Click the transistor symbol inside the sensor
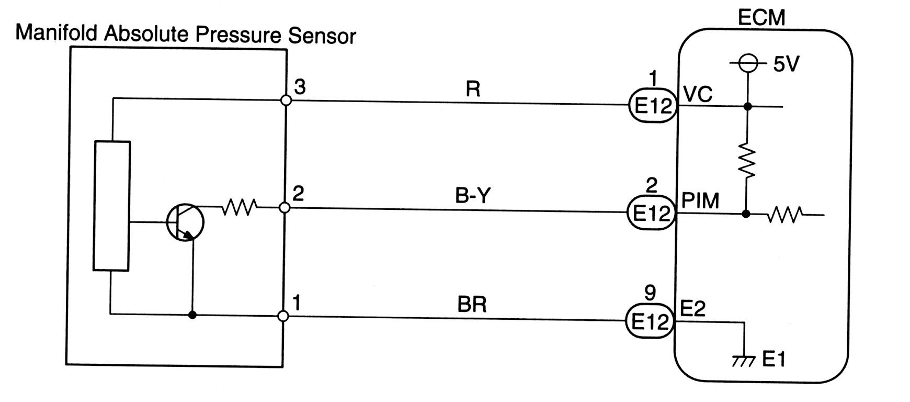coord(185,222)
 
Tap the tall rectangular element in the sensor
coord(111,206)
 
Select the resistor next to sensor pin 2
coord(239,208)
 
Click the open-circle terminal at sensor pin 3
coord(286,100)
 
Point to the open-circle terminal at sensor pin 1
coord(283,316)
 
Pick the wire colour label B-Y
coord(473,196)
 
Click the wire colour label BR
coord(472,305)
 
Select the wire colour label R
coord(472,90)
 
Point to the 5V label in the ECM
coord(786,64)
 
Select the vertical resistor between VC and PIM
coord(747,161)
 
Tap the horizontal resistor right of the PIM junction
coord(785,215)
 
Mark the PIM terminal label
coord(701,200)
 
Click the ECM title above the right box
coord(761,18)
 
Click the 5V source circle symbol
coord(748,64)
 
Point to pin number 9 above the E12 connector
coord(650,293)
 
